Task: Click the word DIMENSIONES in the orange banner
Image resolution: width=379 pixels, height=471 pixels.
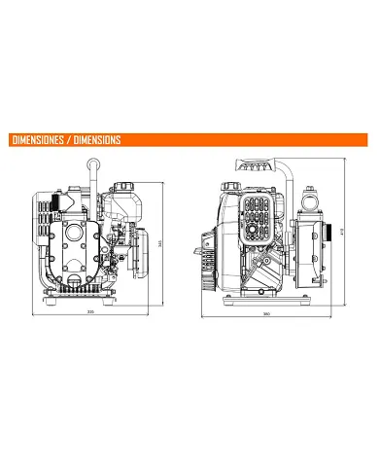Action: coord(38,139)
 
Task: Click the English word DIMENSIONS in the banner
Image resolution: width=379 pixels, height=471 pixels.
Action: coord(96,139)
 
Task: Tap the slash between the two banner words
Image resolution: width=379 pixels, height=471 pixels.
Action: coord(70,139)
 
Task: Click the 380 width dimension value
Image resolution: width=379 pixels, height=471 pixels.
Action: coord(266,314)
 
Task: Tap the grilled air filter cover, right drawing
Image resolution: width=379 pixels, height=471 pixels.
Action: coord(258,215)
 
